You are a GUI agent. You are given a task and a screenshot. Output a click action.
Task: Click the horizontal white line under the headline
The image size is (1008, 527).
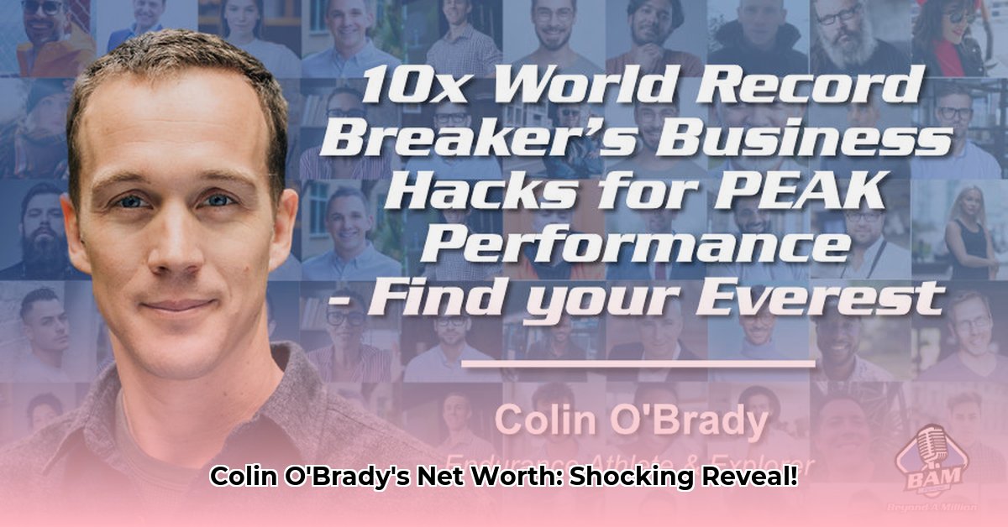(x=638, y=363)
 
